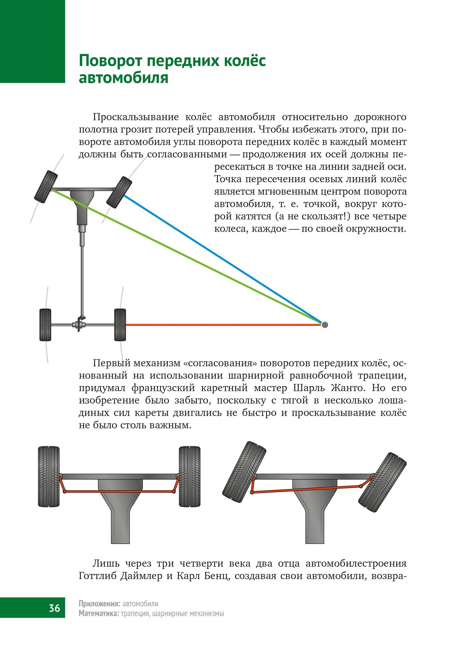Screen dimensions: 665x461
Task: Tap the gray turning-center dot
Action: pos(325,325)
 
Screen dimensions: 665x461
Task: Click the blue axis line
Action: pos(225,260)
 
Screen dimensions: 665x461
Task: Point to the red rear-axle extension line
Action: pos(222,325)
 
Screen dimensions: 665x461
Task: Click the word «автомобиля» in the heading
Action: pos(123,78)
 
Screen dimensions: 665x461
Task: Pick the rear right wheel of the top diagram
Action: pos(120,325)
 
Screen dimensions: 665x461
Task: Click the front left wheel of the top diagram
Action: pos(46,187)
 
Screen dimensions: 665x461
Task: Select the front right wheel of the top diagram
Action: pos(119,192)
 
